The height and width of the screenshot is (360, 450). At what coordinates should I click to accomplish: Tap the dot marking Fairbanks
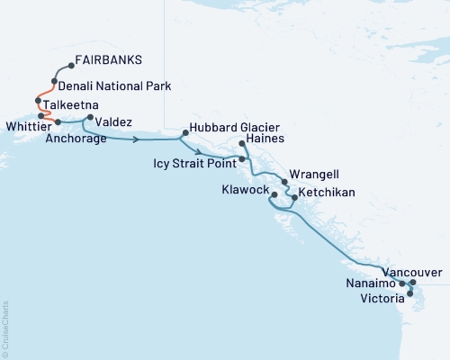click(x=72, y=66)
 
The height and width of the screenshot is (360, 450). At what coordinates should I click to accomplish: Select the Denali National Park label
click(x=114, y=86)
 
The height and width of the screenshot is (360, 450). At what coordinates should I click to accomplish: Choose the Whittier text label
click(x=20, y=123)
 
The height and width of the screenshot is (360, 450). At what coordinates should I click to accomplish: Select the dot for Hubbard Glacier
click(x=184, y=133)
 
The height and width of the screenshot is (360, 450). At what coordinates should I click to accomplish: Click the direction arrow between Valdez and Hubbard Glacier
click(x=136, y=140)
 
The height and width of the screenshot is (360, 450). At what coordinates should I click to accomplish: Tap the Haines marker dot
click(x=242, y=144)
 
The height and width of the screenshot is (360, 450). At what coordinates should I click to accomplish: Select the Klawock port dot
click(x=273, y=193)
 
